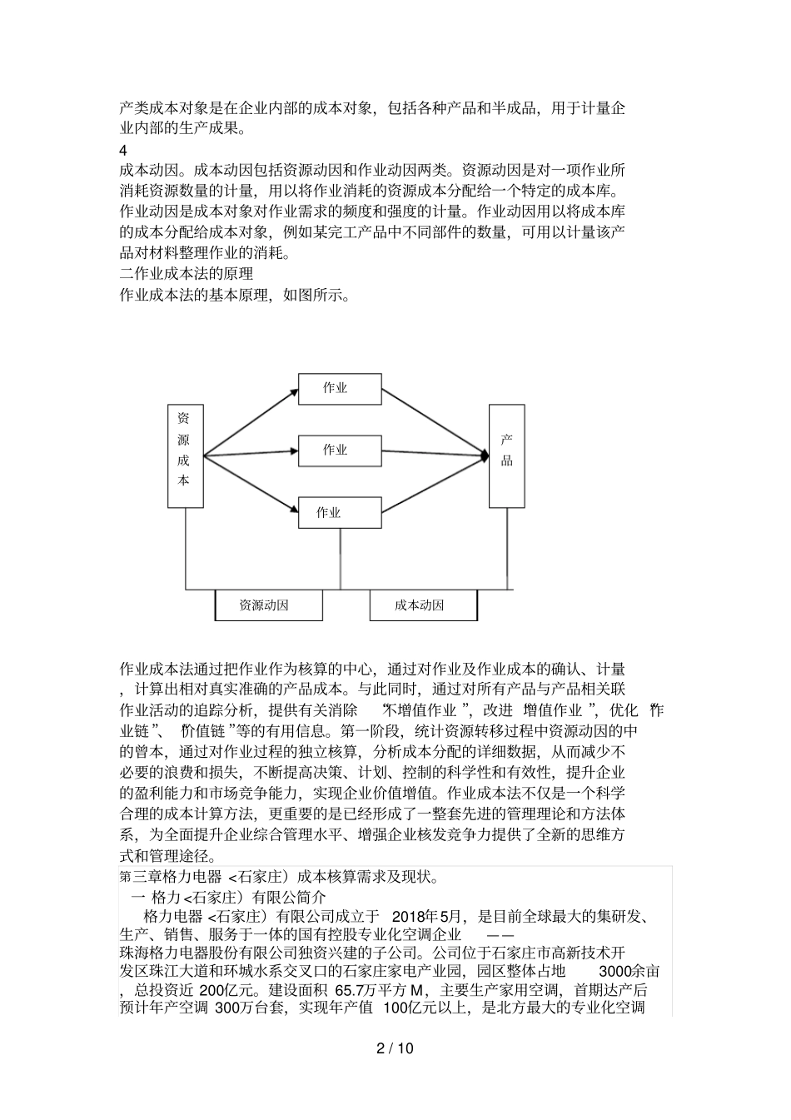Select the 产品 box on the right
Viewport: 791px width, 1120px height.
[x=506, y=455]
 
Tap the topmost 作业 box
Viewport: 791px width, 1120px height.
[x=335, y=388]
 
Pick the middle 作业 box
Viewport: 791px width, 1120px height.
[x=335, y=450]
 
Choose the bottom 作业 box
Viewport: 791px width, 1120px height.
[x=329, y=512]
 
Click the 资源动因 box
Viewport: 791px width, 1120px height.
[x=268, y=605]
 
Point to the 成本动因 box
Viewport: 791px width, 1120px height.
[x=423, y=605]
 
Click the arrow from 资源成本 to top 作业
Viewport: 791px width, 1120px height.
[x=250, y=423]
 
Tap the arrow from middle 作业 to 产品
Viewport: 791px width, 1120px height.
[x=433, y=454]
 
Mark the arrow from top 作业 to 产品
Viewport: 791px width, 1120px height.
[x=433, y=421]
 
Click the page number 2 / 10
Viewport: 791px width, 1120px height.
[x=395, y=1048]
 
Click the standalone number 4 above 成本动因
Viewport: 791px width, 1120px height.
[x=123, y=151]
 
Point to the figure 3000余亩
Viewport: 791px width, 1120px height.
[x=630, y=971]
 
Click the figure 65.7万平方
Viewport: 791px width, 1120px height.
[x=371, y=990]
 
